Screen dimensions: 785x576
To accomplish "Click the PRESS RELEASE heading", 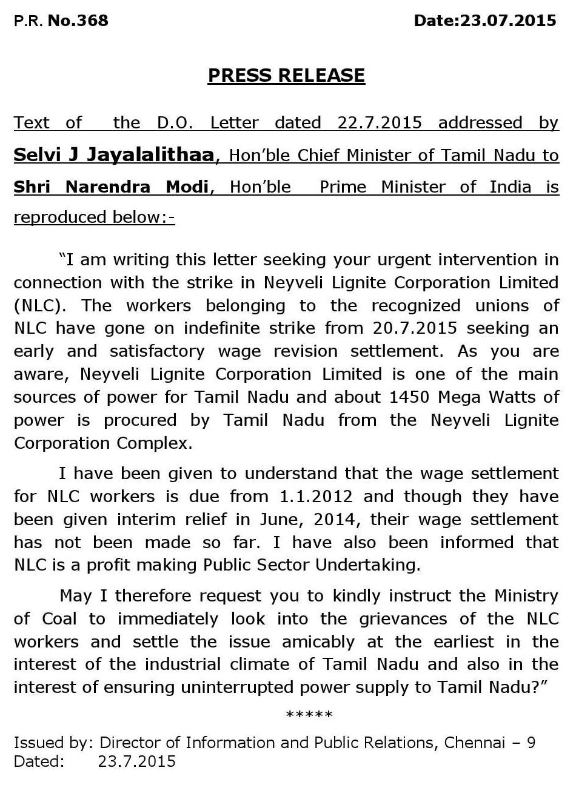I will (286, 75).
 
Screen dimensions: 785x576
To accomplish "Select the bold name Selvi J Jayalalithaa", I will (114, 155).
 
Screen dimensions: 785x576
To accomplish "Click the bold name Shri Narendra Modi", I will (111, 187).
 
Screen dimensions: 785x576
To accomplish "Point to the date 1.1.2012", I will (316, 497).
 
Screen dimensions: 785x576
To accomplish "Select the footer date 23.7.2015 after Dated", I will (136, 761).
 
